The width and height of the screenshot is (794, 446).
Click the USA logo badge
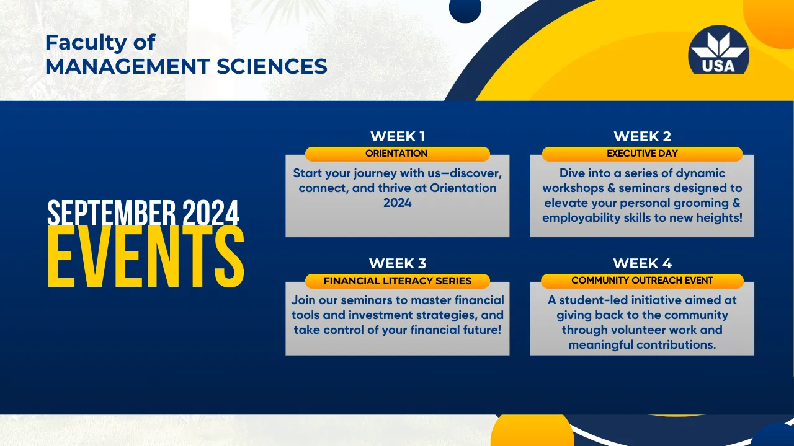[718, 50]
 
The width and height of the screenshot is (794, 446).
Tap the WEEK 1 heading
[398, 136]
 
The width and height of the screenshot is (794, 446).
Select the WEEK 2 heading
[642, 136]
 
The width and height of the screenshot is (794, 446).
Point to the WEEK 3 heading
[398, 263]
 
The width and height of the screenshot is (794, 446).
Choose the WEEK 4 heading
[642, 263]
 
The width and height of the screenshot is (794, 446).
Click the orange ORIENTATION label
[398, 154]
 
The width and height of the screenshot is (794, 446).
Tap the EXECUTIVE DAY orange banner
[642, 154]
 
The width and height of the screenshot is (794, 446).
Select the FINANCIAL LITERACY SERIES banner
[398, 281]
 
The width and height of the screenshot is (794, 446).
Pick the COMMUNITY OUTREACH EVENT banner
[642, 281]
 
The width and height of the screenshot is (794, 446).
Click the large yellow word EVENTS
[146, 257]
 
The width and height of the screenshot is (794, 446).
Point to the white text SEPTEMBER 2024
[143, 212]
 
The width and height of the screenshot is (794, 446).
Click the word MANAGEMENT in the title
[128, 66]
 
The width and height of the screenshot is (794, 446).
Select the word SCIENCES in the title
[272, 66]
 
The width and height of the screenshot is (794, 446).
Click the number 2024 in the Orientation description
[398, 203]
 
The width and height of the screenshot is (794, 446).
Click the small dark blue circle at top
[465, 9]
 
